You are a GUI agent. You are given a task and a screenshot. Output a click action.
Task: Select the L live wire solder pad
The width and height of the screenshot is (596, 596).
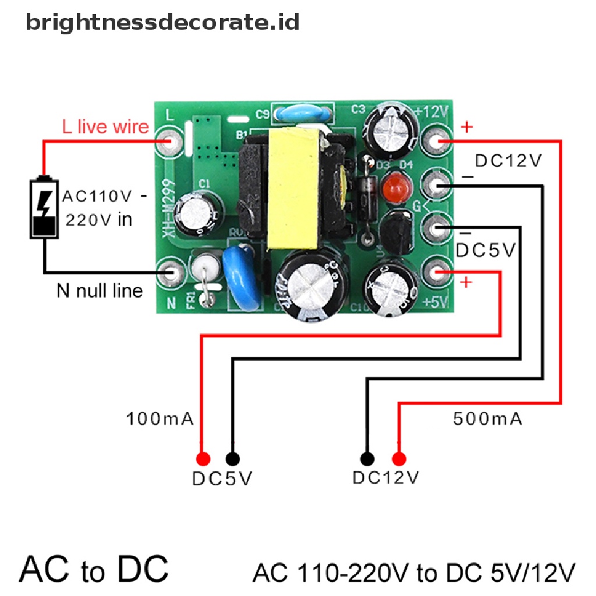coord(171,142)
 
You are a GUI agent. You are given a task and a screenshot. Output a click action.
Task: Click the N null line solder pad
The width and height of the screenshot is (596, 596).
coord(171,271)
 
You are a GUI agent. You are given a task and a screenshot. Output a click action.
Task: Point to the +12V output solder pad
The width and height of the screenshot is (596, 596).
coord(437,141)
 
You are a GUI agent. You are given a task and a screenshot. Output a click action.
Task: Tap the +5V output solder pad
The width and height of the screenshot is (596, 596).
coord(437,271)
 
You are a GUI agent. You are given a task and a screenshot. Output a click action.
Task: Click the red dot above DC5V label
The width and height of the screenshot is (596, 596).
coord(202,457)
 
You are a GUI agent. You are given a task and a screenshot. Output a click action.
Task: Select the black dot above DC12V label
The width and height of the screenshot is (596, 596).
coord(366,457)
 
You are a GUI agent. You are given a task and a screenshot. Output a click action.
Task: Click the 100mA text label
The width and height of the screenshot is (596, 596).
coord(160,418)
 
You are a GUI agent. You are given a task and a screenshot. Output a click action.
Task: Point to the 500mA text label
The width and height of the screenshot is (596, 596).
coord(487,418)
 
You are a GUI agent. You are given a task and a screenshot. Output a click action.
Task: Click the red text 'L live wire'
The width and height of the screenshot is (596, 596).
coord(106,126)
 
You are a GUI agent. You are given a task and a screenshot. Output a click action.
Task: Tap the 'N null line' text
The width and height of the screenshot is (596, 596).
coord(99,290)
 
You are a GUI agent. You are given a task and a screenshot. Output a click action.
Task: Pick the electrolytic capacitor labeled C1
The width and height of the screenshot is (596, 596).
coord(201,212)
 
